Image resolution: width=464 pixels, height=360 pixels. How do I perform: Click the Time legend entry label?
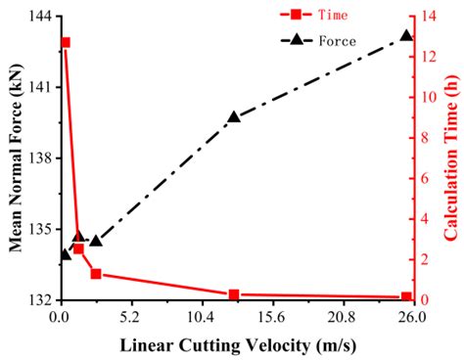click(337, 17)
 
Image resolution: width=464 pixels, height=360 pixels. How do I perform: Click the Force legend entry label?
click(337, 40)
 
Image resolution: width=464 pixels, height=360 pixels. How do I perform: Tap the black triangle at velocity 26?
click(406, 36)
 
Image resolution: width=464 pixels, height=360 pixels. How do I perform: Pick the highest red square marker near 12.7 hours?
click(66, 43)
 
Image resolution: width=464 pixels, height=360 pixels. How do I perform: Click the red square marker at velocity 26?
click(406, 296)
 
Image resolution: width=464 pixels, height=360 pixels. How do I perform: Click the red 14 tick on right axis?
click(428, 16)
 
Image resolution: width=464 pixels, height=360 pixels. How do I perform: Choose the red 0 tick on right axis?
click(425, 299)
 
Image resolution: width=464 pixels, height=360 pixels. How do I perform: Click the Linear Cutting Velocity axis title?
click(235, 344)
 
